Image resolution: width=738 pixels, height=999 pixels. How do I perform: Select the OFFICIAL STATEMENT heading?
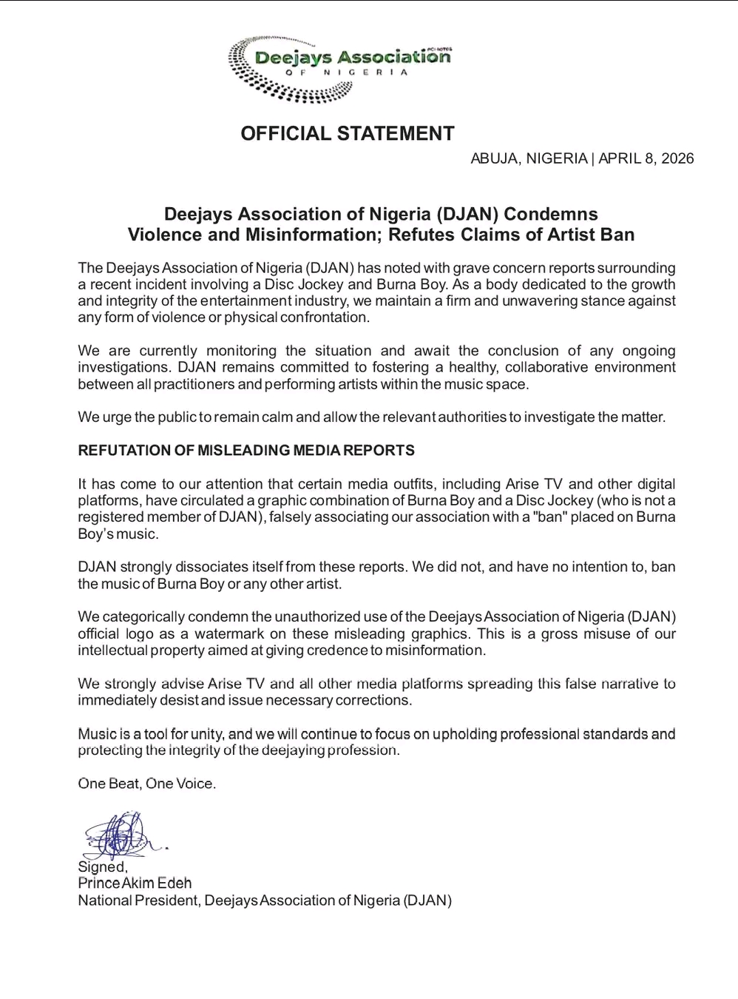tap(347, 134)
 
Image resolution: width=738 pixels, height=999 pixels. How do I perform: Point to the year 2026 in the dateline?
tap(677, 158)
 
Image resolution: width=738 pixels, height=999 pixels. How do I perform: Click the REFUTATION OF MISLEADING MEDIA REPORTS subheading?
tap(246, 451)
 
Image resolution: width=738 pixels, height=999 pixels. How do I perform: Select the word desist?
tap(176, 700)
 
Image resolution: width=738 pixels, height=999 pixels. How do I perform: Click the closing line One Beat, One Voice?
tap(147, 784)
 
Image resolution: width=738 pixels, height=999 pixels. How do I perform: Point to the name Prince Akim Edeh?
tap(135, 884)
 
